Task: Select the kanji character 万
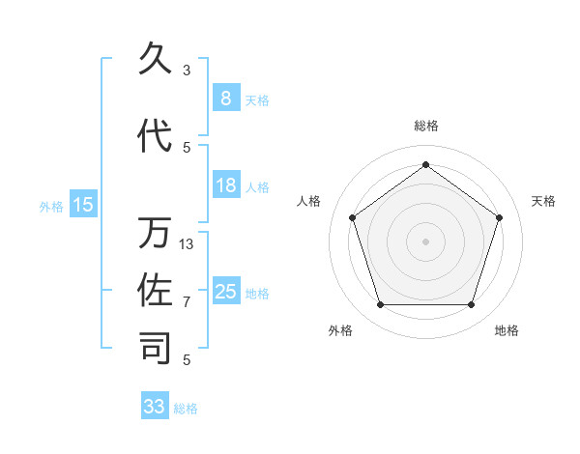(156, 233)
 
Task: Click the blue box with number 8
(225, 98)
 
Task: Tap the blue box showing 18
(225, 185)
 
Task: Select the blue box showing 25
(225, 292)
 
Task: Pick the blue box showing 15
(83, 205)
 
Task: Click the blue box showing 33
(155, 407)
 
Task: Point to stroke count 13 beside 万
(187, 244)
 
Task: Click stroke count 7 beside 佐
(187, 302)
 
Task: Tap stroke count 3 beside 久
(187, 71)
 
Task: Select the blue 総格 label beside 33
(186, 409)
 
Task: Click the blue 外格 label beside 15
(51, 206)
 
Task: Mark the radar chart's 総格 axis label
(425, 126)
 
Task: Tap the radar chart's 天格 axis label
(544, 201)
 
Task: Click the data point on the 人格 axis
(352, 217)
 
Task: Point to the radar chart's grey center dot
(425, 241)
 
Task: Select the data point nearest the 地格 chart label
(471, 305)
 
